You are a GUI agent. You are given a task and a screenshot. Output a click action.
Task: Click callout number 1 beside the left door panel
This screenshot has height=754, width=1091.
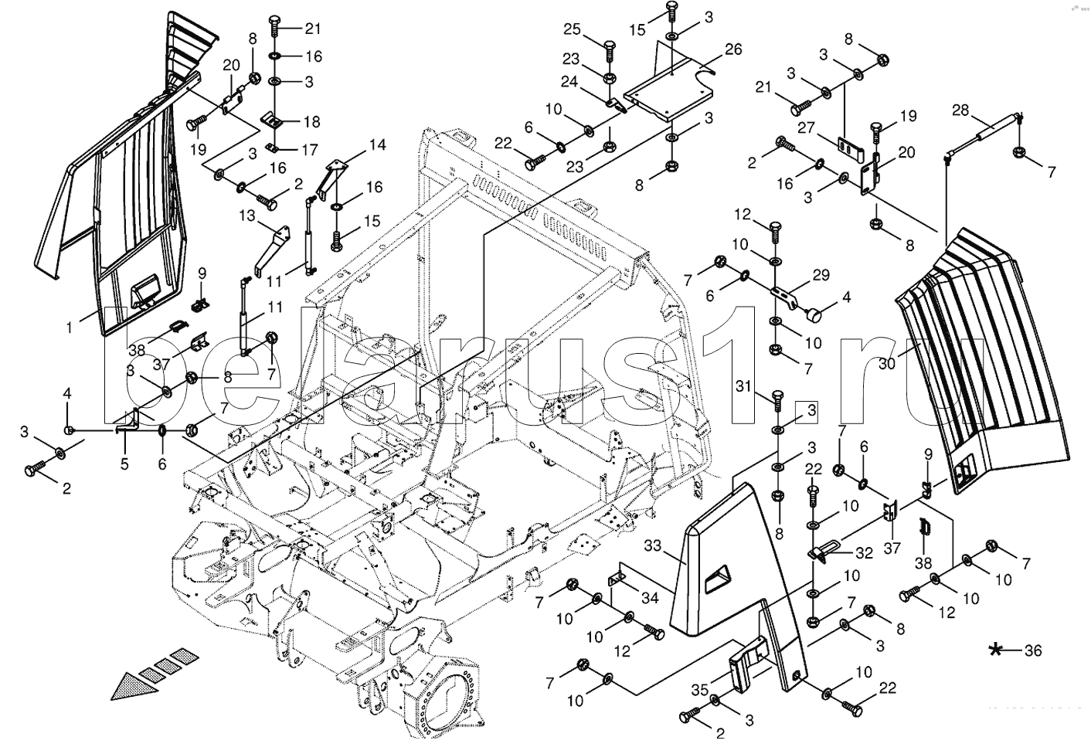coord(69,328)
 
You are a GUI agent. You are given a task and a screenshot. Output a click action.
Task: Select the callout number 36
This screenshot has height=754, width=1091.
coord(1033,651)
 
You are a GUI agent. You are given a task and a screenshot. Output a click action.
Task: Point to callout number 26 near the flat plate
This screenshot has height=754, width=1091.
coord(733,49)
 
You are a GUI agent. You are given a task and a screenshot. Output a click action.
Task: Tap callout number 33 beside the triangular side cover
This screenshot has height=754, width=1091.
coord(653,546)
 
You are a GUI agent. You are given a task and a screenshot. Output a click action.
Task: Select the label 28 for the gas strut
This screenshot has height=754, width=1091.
coord(960,110)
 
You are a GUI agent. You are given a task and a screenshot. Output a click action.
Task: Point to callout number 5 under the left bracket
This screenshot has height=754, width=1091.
coord(124,464)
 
